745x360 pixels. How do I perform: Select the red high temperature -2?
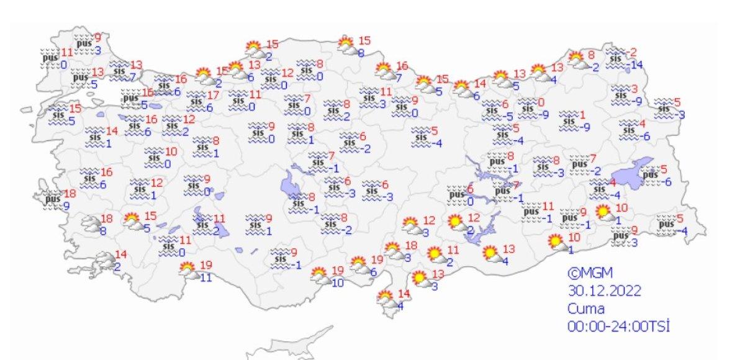[633, 52]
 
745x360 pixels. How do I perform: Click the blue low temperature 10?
[337, 282]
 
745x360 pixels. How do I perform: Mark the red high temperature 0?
[541, 102]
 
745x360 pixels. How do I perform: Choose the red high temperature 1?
[582, 114]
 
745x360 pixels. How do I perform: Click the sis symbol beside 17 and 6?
[196, 101]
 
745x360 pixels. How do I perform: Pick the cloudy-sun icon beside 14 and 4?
[386, 299]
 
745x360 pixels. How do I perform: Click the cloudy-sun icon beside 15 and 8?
[346, 45]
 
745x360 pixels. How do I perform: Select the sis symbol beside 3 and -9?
[619, 94]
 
